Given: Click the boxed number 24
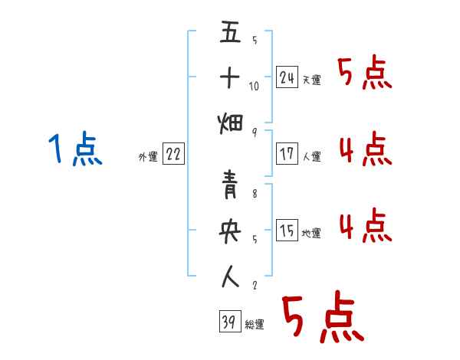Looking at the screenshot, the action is click(287, 77).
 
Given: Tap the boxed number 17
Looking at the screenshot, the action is click(287, 154).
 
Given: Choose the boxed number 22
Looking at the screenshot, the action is click(173, 154).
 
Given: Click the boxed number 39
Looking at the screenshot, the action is click(228, 322).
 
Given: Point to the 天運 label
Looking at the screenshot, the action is click(312, 80).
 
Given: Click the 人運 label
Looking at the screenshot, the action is click(312, 157).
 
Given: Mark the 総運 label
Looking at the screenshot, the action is click(255, 325).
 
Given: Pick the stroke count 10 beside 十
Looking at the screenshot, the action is click(254, 86).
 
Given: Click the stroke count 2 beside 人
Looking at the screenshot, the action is click(254, 285).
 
